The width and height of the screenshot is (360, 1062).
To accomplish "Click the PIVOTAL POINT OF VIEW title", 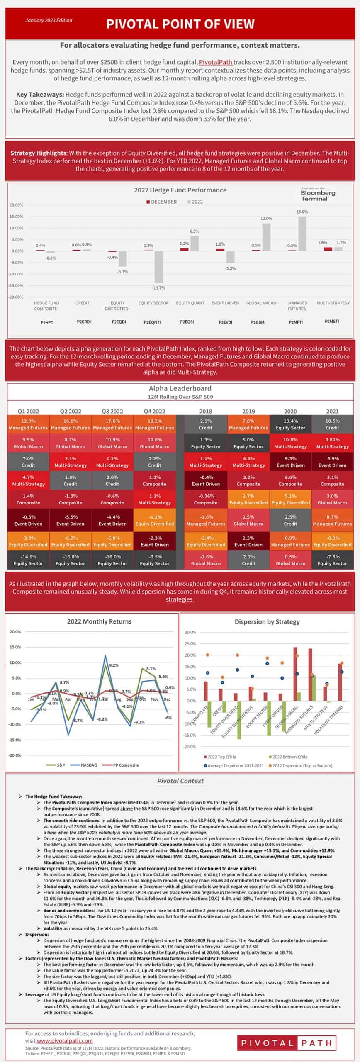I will (x=180, y=24).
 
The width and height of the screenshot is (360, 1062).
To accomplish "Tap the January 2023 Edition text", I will (x=49, y=20).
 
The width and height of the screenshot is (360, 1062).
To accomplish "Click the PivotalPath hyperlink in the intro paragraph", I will (x=215, y=62).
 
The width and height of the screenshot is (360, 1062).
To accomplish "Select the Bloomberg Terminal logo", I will (x=318, y=194).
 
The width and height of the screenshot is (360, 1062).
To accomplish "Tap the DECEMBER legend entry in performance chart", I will (x=161, y=202).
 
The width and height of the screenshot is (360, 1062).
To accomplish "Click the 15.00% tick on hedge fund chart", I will (x=16, y=217).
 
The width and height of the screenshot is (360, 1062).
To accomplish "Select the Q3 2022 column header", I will (x=112, y=411).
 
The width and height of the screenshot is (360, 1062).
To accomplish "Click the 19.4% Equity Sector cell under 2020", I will (x=290, y=424).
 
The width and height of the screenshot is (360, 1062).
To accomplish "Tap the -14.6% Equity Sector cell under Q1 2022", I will (x=28, y=560).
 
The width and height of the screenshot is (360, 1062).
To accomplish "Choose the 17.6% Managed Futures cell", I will (x=112, y=424).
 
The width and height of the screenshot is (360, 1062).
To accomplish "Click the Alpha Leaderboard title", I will (x=180, y=388).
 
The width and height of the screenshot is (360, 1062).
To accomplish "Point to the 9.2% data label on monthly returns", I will (x=114, y=665).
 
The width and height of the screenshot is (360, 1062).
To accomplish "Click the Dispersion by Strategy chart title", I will (x=267, y=621).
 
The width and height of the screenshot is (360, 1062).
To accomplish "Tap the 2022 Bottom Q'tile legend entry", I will (x=288, y=757).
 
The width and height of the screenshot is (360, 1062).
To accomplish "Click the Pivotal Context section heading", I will (x=180, y=781).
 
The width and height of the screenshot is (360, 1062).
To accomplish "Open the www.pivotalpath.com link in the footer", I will (x=64, y=1040).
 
